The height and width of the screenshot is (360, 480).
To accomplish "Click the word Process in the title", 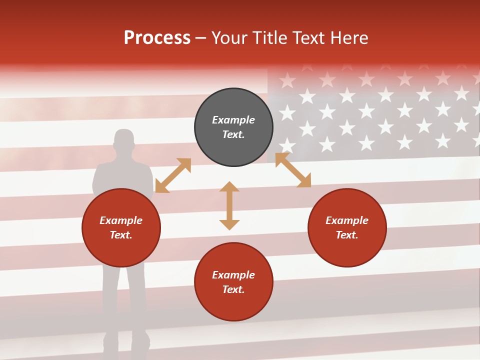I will click(157, 38).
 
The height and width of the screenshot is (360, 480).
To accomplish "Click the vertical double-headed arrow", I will click(229, 205).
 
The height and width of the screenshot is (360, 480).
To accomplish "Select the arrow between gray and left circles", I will click(173, 175).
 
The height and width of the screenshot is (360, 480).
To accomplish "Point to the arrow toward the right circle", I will click(293, 170).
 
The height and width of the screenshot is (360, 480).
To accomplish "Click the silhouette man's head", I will click(124, 140).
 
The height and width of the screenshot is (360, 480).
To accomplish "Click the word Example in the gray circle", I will click(233, 120).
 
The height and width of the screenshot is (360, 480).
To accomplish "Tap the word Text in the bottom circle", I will click(232, 289).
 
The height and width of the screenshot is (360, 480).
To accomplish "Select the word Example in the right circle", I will click(347, 220).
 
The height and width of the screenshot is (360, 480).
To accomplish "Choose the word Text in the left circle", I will click(120, 235).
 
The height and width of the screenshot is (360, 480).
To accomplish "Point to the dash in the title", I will click(201, 38).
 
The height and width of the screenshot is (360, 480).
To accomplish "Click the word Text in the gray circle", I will click(232, 134).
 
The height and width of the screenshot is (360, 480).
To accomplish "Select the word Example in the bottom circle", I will click(233, 275).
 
